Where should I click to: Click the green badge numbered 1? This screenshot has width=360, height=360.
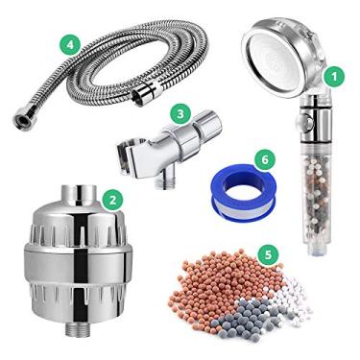click(x=334, y=73)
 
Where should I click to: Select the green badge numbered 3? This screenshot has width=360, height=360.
click(x=179, y=113)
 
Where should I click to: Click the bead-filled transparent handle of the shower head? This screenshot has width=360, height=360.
click(x=307, y=192)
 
